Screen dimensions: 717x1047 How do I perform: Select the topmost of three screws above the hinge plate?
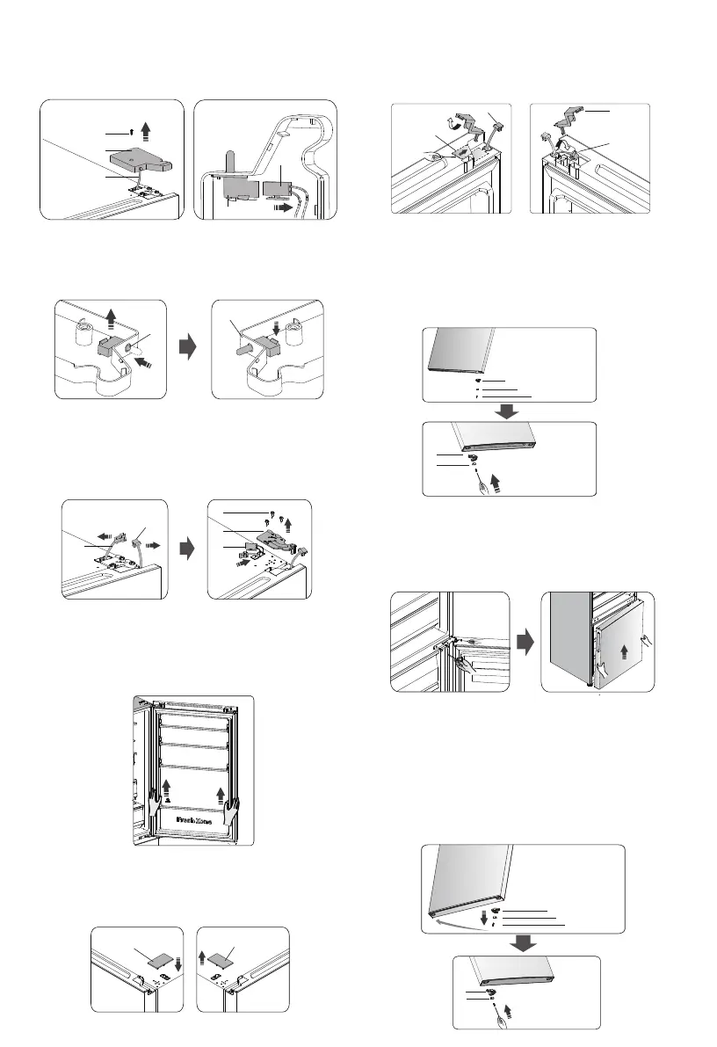[x=275, y=512]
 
